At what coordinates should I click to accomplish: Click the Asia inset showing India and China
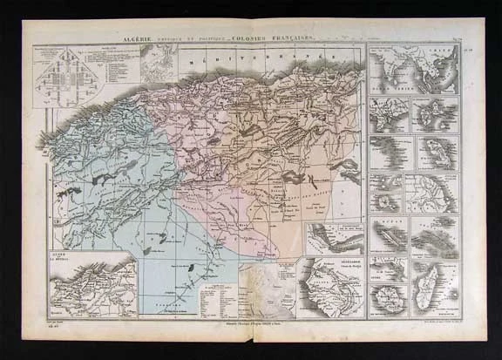[412, 71]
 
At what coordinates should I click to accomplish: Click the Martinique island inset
[436, 153]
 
